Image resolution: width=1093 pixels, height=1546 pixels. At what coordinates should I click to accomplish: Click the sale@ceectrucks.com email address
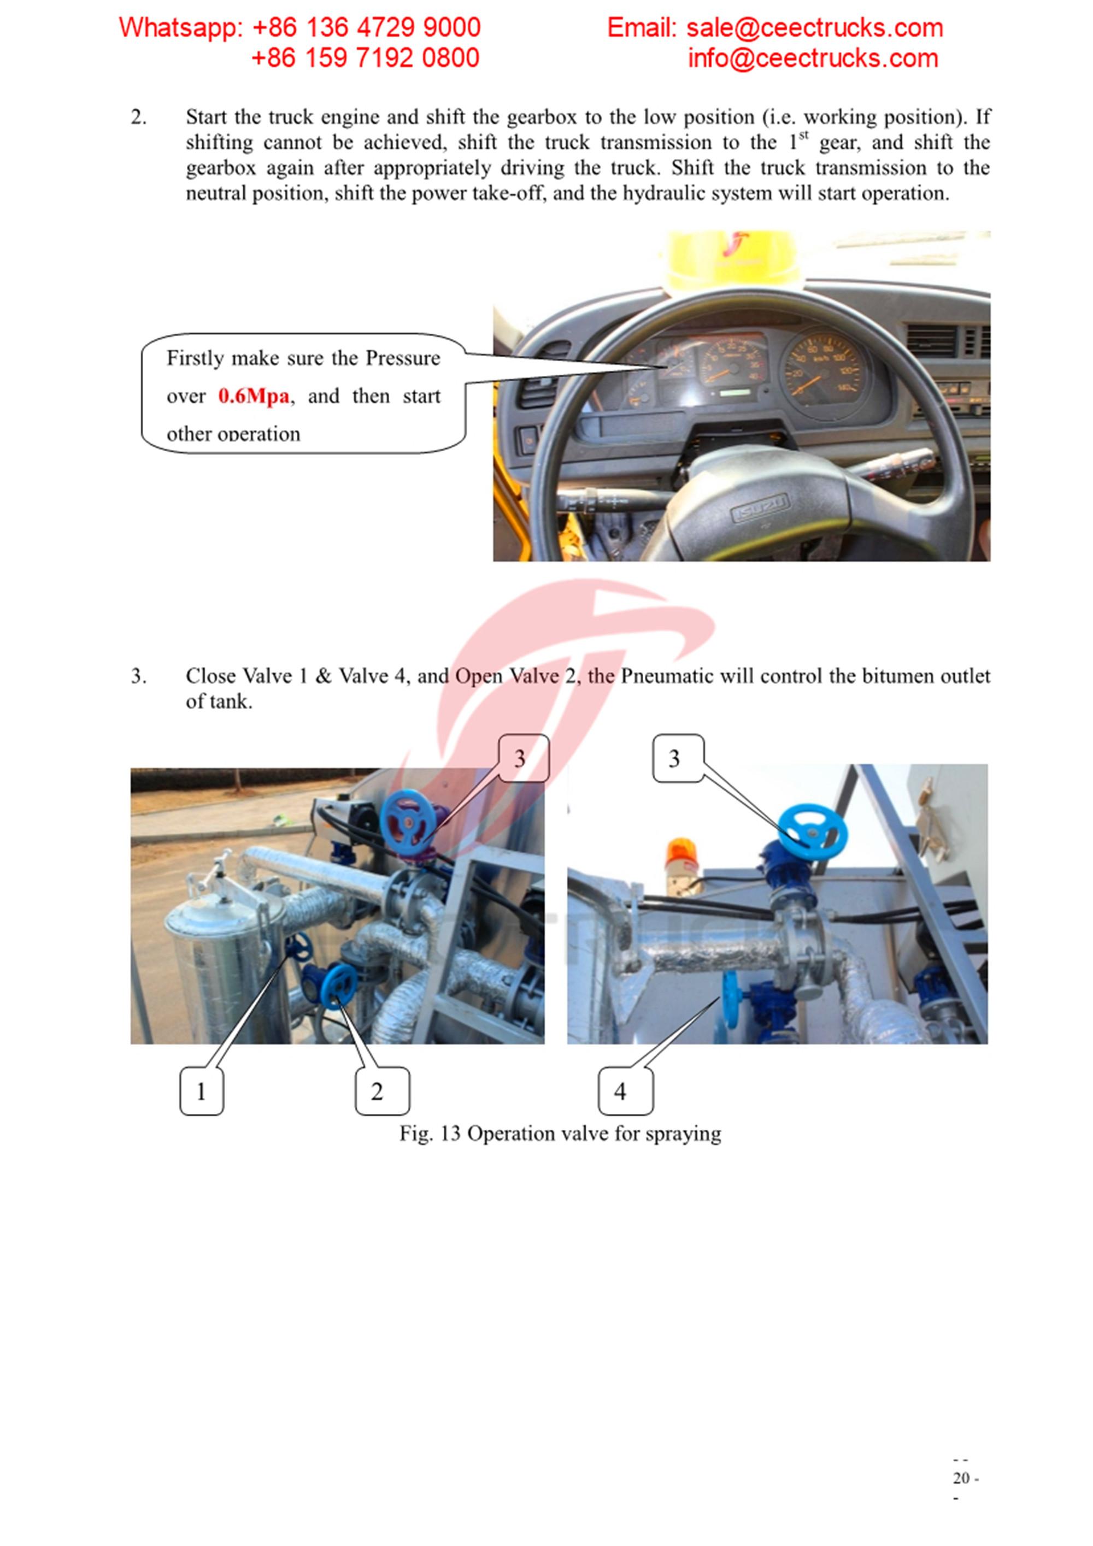814,28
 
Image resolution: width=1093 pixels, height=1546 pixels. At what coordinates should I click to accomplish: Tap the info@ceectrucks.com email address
812,58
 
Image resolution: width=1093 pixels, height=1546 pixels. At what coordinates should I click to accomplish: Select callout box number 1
201,1091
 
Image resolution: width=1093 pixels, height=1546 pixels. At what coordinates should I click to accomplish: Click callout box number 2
382,1091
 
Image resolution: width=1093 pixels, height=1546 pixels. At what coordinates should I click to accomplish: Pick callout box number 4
625,1091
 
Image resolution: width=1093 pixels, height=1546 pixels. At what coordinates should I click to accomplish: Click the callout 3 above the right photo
678,758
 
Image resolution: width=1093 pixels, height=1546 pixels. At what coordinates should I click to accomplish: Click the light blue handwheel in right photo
813,834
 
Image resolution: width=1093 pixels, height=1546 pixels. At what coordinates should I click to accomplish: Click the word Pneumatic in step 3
667,676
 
